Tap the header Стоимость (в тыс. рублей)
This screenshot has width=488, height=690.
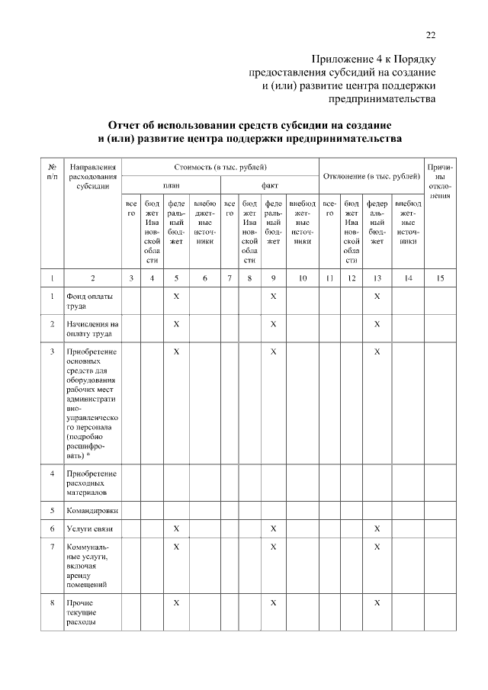point(220,165)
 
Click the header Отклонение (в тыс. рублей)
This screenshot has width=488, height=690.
point(372,176)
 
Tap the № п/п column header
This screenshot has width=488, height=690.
point(51,170)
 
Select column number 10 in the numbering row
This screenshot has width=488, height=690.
point(303,278)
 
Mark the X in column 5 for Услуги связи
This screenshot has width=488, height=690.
point(176,528)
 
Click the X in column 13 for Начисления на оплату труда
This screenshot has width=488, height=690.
point(377,324)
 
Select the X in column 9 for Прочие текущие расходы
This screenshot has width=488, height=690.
point(273,602)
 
